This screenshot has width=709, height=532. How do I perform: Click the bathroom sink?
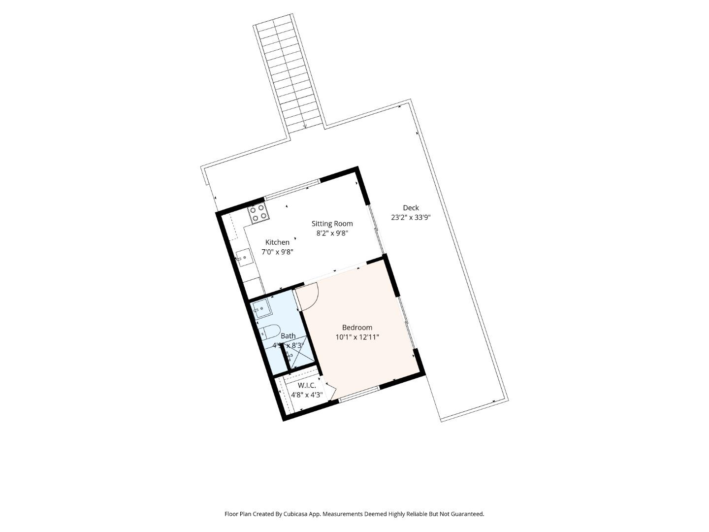tap(261, 309)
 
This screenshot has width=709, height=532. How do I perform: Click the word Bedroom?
tap(357, 328)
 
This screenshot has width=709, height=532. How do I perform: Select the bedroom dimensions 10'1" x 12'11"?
tap(357, 337)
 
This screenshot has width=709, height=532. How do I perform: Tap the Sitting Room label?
tap(332, 224)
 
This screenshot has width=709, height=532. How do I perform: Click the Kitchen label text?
tap(277, 242)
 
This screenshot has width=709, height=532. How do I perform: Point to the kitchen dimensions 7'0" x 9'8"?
tap(277, 252)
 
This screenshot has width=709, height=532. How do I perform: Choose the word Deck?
tap(411, 208)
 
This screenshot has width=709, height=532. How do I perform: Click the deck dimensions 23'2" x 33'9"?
tap(411, 217)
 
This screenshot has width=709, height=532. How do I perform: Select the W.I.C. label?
tap(307, 386)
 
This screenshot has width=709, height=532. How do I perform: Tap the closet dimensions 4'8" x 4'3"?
tap(307, 395)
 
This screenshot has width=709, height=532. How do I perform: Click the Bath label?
tap(288, 336)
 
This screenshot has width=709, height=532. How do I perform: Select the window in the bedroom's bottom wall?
tap(359, 393)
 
